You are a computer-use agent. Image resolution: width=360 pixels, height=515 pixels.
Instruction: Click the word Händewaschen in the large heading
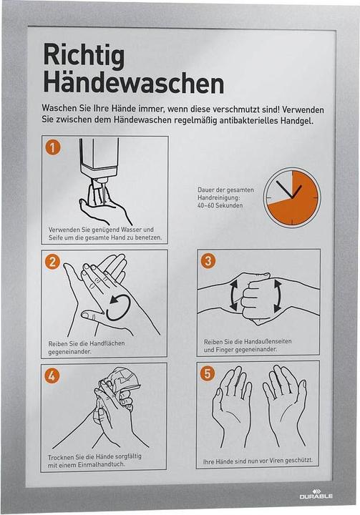coord(134,83)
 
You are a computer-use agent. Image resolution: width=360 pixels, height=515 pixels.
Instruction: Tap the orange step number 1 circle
coord(53,147)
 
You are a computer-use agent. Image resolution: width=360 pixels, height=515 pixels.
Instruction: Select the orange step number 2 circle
coord(52,262)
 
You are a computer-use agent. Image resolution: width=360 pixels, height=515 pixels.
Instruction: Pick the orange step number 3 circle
coord(208,261)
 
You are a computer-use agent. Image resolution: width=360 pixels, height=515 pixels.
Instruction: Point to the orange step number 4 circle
coord(52,376)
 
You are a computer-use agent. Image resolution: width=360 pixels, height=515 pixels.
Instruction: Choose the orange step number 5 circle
coord(208,373)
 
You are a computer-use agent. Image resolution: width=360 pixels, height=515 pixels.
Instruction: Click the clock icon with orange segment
coord(292,197)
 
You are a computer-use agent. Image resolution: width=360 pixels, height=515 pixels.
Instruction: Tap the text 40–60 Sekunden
coord(220,205)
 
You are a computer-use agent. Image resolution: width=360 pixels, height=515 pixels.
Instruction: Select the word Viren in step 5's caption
coord(276,461)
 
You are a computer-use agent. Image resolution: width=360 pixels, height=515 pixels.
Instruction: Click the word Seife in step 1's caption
coord(55,237)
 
